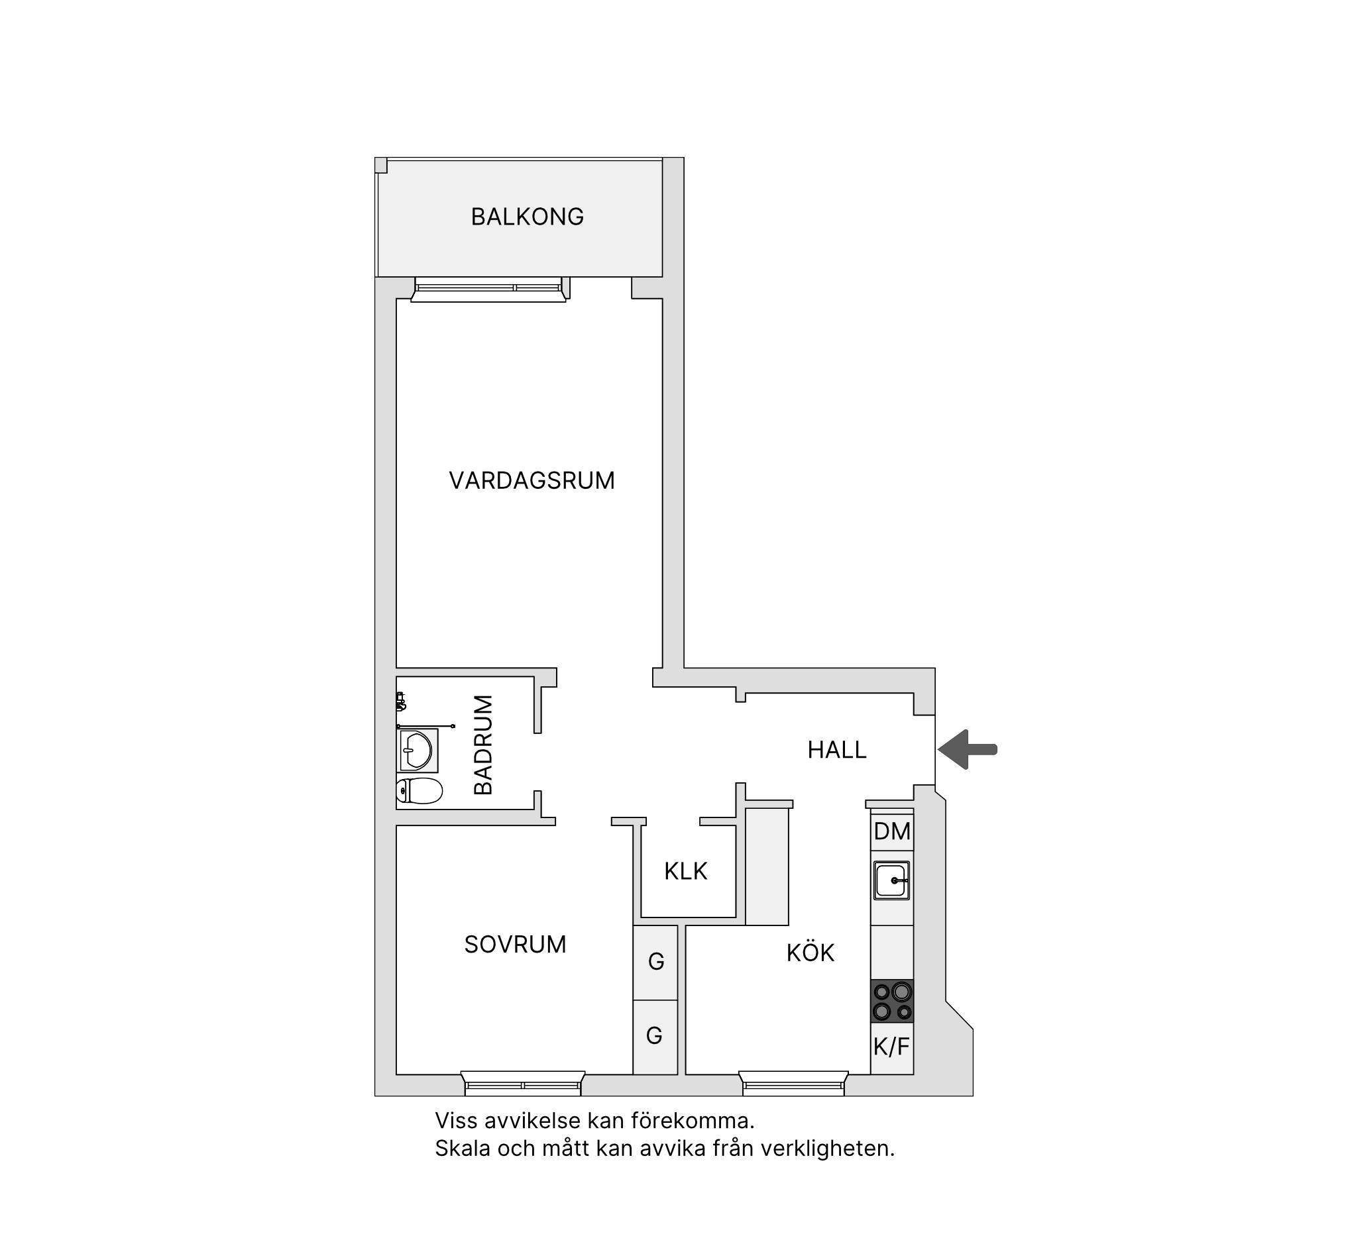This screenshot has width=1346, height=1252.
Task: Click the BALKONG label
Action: click(527, 217)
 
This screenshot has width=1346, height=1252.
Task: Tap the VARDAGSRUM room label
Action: click(532, 480)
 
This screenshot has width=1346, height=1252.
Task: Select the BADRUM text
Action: click(483, 745)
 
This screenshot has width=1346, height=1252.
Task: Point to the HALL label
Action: click(837, 750)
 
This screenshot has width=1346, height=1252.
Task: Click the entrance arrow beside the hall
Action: click(968, 749)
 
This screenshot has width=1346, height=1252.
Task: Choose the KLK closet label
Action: click(685, 872)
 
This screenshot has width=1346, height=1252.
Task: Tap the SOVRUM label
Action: click(514, 945)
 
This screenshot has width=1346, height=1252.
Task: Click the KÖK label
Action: click(810, 952)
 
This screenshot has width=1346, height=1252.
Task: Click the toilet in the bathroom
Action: click(420, 790)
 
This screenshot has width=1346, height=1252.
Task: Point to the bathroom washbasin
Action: click(417, 750)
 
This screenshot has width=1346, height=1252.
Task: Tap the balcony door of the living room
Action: click(488, 289)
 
